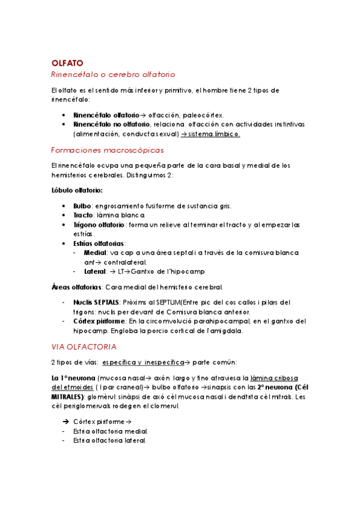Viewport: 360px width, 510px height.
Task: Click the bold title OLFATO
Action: click(x=67, y=63)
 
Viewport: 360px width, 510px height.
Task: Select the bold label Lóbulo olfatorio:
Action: click(x=77, y=191)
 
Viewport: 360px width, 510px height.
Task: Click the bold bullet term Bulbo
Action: click(x=82, y=205)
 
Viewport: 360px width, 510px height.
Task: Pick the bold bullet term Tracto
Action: click(x=83, y=215)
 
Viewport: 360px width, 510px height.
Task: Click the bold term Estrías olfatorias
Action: click(x=99, y=244)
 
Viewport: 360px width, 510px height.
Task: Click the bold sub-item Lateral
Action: click(x=96, y=271)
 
